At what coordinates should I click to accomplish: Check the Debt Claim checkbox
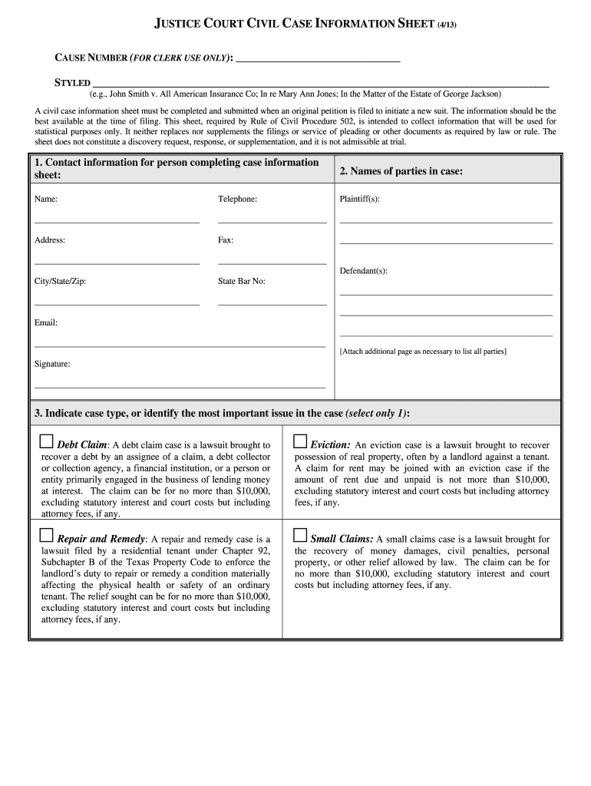coord(47,442)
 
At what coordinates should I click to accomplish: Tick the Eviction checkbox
coord(300,442)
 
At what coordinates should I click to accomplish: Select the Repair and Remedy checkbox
coord(47,536)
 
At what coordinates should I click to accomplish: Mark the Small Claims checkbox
coord(300,536)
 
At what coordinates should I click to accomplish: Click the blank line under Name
coord(117,221)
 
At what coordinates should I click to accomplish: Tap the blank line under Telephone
coord(272,221)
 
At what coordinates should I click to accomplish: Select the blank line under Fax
coord(272,263)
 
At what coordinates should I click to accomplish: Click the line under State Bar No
coord(272,304)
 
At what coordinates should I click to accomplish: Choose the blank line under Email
coord(180,345)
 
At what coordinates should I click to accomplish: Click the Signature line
coord(180,386)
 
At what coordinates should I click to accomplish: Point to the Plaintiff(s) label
coord(359,199)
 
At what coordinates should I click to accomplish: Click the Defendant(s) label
coord(363,271)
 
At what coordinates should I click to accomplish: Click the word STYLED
coord(72,83)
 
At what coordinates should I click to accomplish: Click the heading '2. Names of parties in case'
coord(401,171)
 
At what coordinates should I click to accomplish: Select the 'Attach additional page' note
coord(423,352)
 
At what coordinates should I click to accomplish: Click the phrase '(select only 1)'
coord(377,413)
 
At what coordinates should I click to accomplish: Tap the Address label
coord(50,240)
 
